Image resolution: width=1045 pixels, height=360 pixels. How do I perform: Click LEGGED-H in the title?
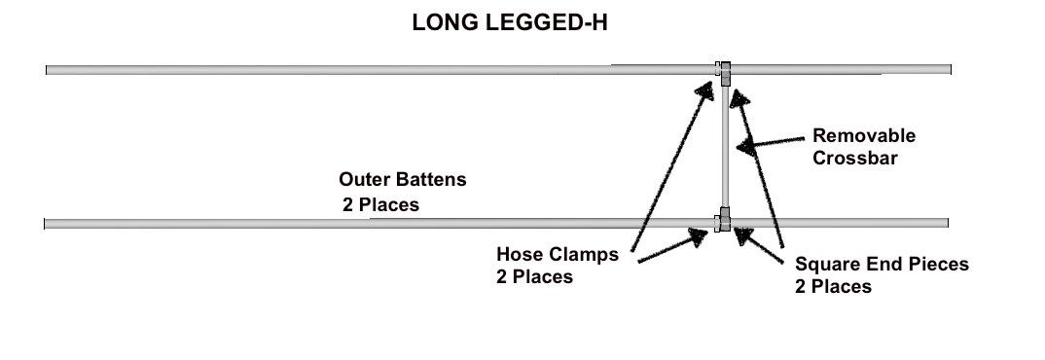pyautogui.click(x=541, y=23)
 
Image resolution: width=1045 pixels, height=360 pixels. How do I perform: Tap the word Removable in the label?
pyautogui.click(x=863, y=136)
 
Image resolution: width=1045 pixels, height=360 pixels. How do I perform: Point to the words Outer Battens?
pyautogui.click(x=402, y=180)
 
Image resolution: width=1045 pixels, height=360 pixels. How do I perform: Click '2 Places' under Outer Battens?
pyautogui.click(x=379, y=205)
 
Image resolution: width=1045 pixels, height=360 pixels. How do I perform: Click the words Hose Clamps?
pyautogui.click(x=557, y=255)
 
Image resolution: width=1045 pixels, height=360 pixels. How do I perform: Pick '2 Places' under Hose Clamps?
pyautogui.click(x=534, y=276)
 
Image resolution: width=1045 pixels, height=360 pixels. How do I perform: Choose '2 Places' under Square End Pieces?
pyautogui.click(x=833, y=286)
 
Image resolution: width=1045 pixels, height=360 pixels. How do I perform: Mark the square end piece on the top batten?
pyautogui.click(x=726, y=69)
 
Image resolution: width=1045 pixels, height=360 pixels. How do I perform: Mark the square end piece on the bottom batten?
pyautogui.click(x=725, y=223)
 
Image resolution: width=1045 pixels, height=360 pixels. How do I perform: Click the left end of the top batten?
pyautogui.click(x=49, y=70)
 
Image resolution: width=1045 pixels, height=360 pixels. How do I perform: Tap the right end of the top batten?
pyautogui.click(x=948, y=69)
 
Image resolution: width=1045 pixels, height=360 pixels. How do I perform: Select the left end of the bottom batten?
pyautogui.click(x=48, y=224)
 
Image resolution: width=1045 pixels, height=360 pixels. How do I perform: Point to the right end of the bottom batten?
pyautogui.click(x=946, y=223)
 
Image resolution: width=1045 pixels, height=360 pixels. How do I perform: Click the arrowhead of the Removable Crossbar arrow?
pyautogui.click(x=744, y=148)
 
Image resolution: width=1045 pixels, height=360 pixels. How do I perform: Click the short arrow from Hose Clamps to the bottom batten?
pyautogui.click(x=671, y=245)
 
